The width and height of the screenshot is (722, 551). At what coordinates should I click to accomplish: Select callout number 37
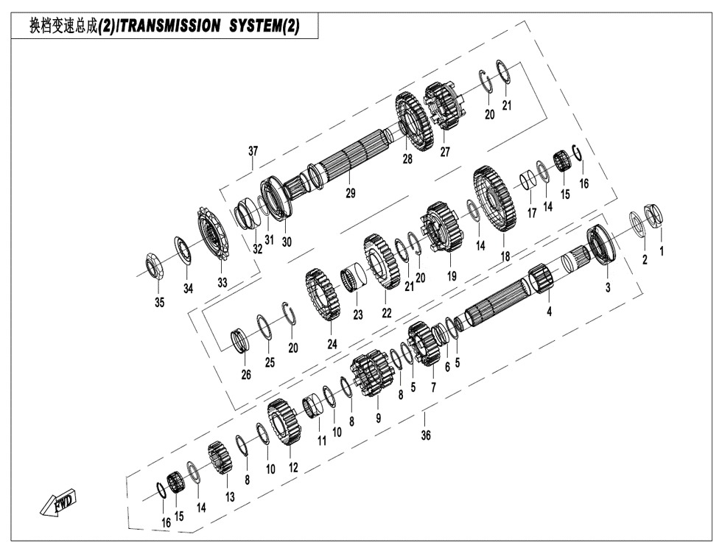[x=253, y=152]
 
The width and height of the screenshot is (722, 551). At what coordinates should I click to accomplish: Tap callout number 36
[x=426, y=435]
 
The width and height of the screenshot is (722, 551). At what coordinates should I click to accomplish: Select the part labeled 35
[x=155, y=266]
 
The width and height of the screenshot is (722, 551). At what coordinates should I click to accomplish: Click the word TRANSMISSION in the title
[x=169, y=27]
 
